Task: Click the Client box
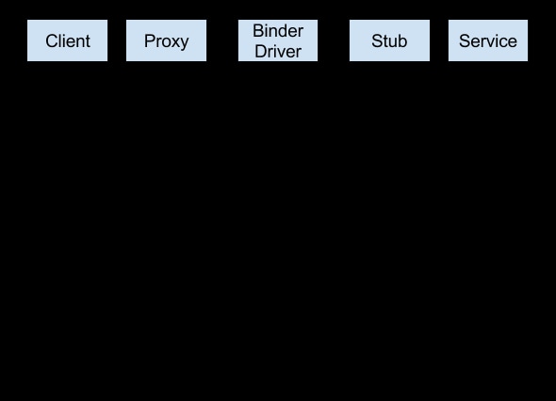67,41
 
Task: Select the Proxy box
166,41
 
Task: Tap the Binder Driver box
278,41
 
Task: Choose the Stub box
389,41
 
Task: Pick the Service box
487,41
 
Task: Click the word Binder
278,32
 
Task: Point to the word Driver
278,51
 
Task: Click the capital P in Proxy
149,41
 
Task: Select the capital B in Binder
258,32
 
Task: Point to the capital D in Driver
260,51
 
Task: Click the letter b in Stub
402,41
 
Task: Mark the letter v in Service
492,42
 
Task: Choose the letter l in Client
60,41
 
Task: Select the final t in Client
88,41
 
